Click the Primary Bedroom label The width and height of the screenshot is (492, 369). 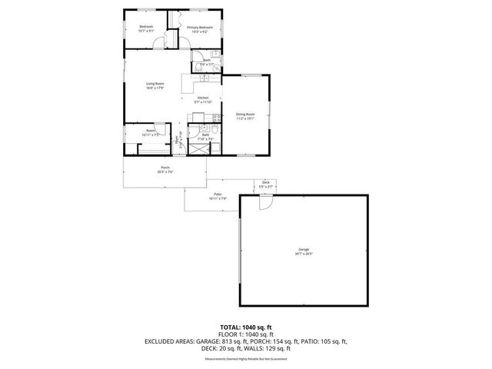(199, 28)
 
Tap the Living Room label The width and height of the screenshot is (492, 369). (156, 83)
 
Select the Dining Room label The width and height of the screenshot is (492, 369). (245, 115)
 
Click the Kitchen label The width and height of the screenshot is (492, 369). (203, 98)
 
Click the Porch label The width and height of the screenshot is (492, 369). (165, 168)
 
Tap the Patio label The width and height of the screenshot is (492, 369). (218, 194)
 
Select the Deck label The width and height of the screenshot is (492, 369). (265, 182)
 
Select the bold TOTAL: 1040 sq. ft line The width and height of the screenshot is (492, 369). (245, 327)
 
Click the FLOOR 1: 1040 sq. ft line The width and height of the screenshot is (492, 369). (245, 334)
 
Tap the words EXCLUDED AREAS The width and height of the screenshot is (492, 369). (169, 341)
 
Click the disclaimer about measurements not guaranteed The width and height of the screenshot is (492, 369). (245, 359)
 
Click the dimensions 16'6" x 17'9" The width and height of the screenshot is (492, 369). (156, 88)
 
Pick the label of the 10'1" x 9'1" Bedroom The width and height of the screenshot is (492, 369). (146, 28)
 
